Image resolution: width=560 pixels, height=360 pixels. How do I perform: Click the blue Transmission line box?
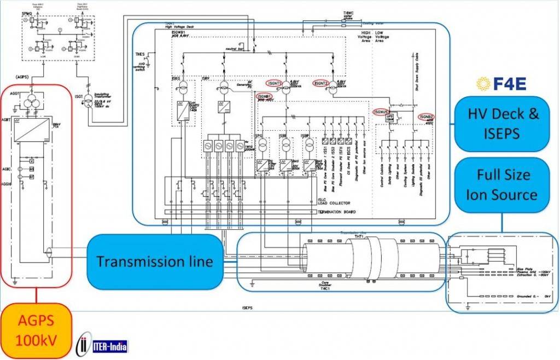click(x=154, y=261)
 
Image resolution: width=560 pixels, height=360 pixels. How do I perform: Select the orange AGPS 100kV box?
click(x=37, y=329)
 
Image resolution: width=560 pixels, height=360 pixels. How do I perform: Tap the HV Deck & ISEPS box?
click(x=503, y=124)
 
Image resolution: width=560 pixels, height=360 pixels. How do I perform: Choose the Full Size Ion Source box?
click(x=503, y=185)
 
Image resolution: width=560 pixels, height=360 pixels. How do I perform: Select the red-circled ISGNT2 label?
click(x=321, y=83)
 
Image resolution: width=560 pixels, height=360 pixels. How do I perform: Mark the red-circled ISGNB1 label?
click(x=265, y=97)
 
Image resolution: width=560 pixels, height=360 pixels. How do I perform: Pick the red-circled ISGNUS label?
click(x=383, y=112)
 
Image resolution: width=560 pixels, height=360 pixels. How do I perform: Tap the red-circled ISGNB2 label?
click(x=427, y=117)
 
